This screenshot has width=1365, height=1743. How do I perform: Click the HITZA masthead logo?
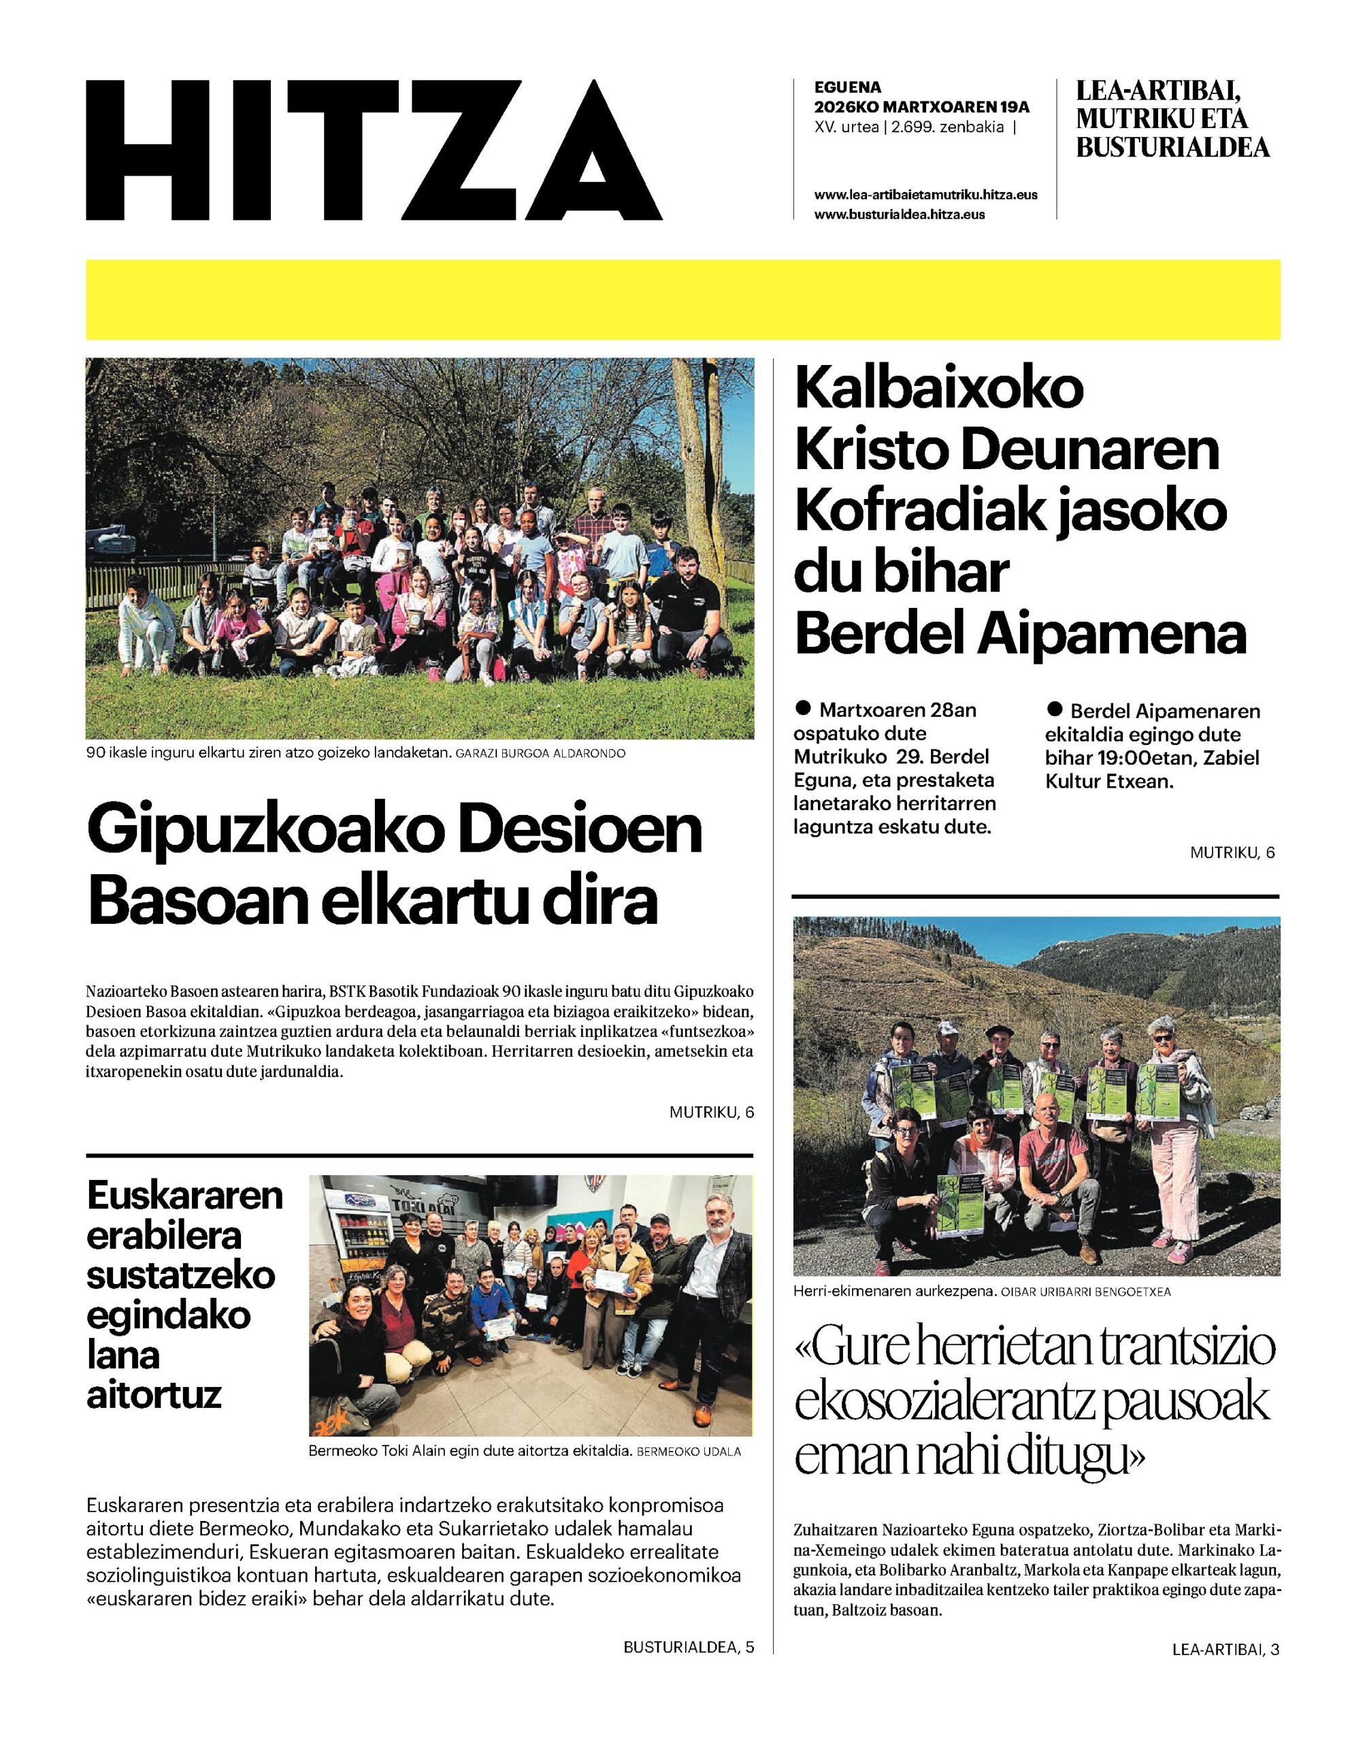coord(374,150)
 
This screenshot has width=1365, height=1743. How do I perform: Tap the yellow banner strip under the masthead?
coord(682,299)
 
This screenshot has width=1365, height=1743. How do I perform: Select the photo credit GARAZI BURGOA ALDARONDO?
coord(540,753)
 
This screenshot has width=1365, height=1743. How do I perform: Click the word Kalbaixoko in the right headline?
coord(940,389)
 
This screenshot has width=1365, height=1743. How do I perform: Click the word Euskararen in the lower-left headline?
coord(184,1196)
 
